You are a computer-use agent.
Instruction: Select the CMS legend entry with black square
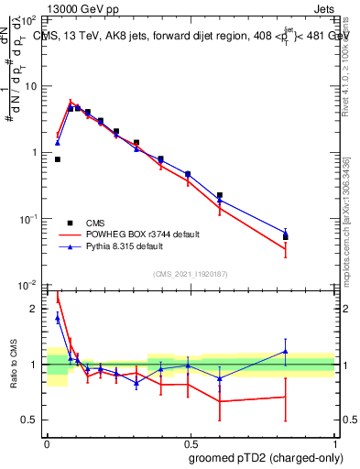coord(95,222)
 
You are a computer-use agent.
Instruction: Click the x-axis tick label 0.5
coord(191,442)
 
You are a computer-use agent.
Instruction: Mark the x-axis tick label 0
coord(47,442)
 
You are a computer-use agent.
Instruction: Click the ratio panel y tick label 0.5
coord(31,420)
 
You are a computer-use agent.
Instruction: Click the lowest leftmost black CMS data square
coord(58,159)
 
